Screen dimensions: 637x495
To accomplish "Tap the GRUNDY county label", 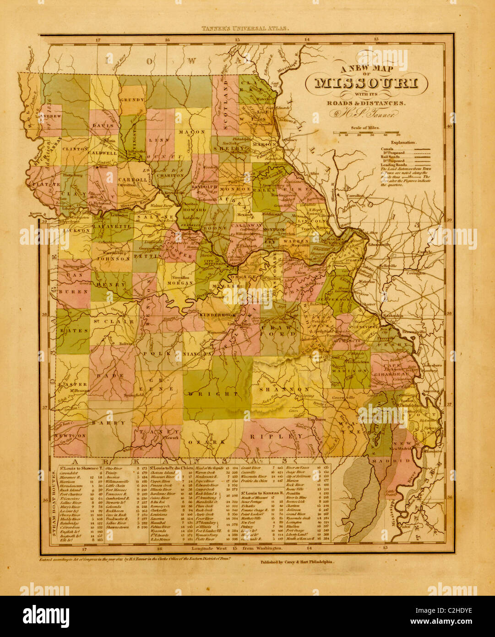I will (132, 99).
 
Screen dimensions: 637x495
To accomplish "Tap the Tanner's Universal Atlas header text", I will (246, 28).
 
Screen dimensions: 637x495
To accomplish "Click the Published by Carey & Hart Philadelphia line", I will (291, 561).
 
